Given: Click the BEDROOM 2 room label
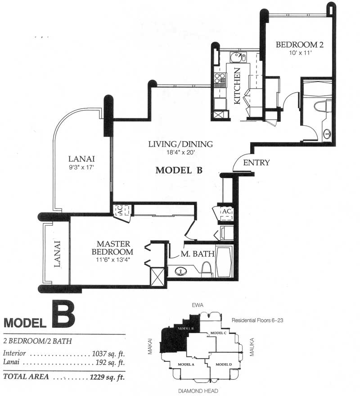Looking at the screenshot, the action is pos(299,45).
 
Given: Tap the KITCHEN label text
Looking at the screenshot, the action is pos(238,86).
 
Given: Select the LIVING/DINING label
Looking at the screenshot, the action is pos(180,144).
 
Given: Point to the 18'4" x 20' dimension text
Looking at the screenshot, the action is pos(180,152).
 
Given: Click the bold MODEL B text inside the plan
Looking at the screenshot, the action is pos(179,170).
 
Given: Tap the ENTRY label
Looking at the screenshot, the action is pos(256,162).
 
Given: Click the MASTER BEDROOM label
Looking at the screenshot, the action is pos(112,248).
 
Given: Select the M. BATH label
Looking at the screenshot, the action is pos(198,254).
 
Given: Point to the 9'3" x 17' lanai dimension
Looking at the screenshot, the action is pos(81,167).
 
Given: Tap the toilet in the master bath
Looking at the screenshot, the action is pos(206,267).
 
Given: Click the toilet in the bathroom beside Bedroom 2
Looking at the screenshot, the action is pos(323,107).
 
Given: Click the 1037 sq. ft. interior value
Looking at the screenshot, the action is pos(108,353).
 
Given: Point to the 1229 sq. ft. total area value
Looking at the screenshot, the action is pos(108,377).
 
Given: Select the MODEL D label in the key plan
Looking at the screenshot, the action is pos(224,365).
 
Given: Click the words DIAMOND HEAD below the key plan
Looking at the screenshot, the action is pos(198,391).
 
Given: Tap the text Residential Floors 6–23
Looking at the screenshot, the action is pos(257,320).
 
